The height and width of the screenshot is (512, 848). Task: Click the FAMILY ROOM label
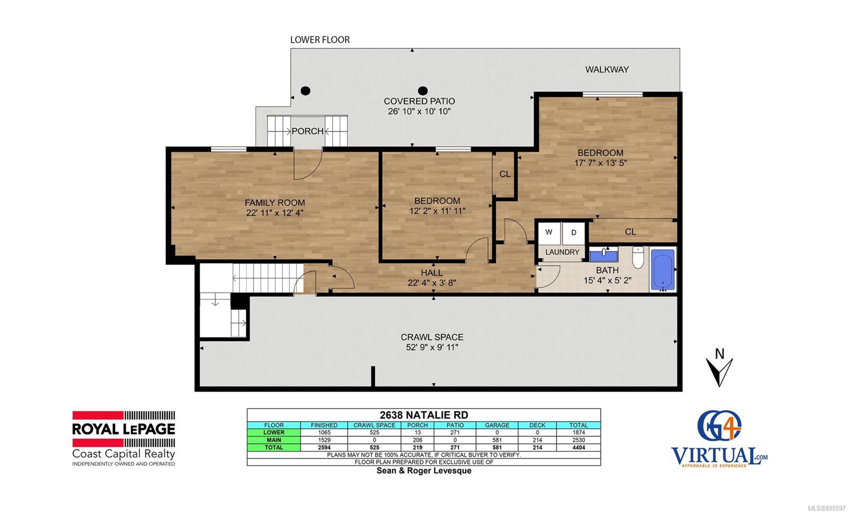[275, 203]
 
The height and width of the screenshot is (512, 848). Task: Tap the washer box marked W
[549, 233]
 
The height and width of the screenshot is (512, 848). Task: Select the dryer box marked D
[573, 233]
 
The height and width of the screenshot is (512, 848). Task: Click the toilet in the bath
[638, 257]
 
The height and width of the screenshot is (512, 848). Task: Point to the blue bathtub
[663, 270]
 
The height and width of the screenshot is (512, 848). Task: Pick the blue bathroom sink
[604, 254]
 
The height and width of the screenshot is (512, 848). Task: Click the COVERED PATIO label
[419, 101]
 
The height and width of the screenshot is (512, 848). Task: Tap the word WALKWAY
[607, 70]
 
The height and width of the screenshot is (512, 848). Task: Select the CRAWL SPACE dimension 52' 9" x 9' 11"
[432, 347]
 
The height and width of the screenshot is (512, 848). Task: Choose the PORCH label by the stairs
[307, 131]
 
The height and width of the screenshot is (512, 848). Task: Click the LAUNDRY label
[562, 252]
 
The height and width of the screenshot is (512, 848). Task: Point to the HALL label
[431, 273]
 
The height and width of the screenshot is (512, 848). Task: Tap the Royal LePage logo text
[123, 429]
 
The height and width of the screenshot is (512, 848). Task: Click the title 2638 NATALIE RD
[423, 414]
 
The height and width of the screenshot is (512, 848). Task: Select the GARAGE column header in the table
[497, 425]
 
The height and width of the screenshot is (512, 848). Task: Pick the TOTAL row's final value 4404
[578, 448]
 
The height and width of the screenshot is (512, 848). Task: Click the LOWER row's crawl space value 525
[374, 432]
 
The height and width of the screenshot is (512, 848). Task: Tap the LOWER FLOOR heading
[320, 40]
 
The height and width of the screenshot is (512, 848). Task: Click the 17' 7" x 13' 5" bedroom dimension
[600, 163]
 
